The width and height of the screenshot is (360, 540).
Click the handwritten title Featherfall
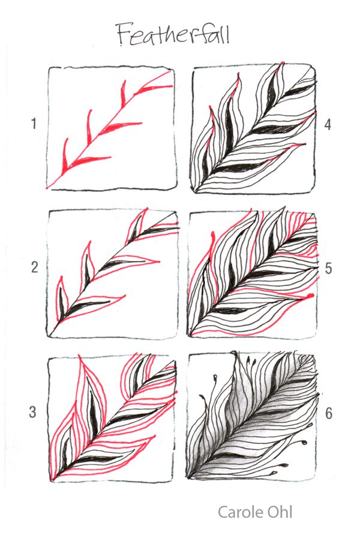173,34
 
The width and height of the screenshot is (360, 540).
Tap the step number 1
34,124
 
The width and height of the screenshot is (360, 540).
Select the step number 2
34,268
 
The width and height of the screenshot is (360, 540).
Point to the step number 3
33,412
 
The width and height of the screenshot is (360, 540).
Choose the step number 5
328,268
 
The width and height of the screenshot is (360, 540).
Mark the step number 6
328,413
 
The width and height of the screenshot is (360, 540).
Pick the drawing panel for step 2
112,272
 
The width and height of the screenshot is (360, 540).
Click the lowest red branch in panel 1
90,160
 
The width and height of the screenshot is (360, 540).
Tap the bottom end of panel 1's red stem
49,186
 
